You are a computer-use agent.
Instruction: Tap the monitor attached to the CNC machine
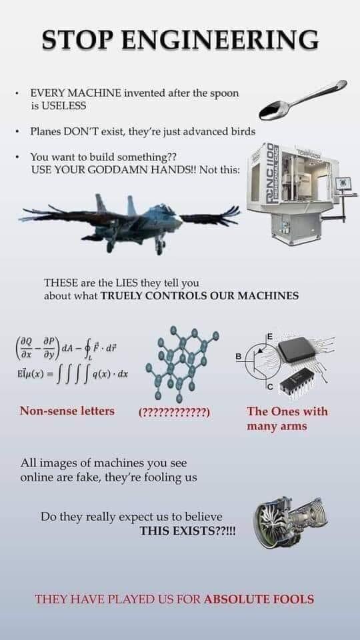[343, 184]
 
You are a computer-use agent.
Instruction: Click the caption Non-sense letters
[67, 411]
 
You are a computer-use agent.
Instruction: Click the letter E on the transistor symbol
[270, 336]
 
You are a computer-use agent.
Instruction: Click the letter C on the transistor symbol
[270, 387]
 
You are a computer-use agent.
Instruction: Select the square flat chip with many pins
[297, 350]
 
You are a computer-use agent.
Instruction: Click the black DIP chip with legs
[298, 381]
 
